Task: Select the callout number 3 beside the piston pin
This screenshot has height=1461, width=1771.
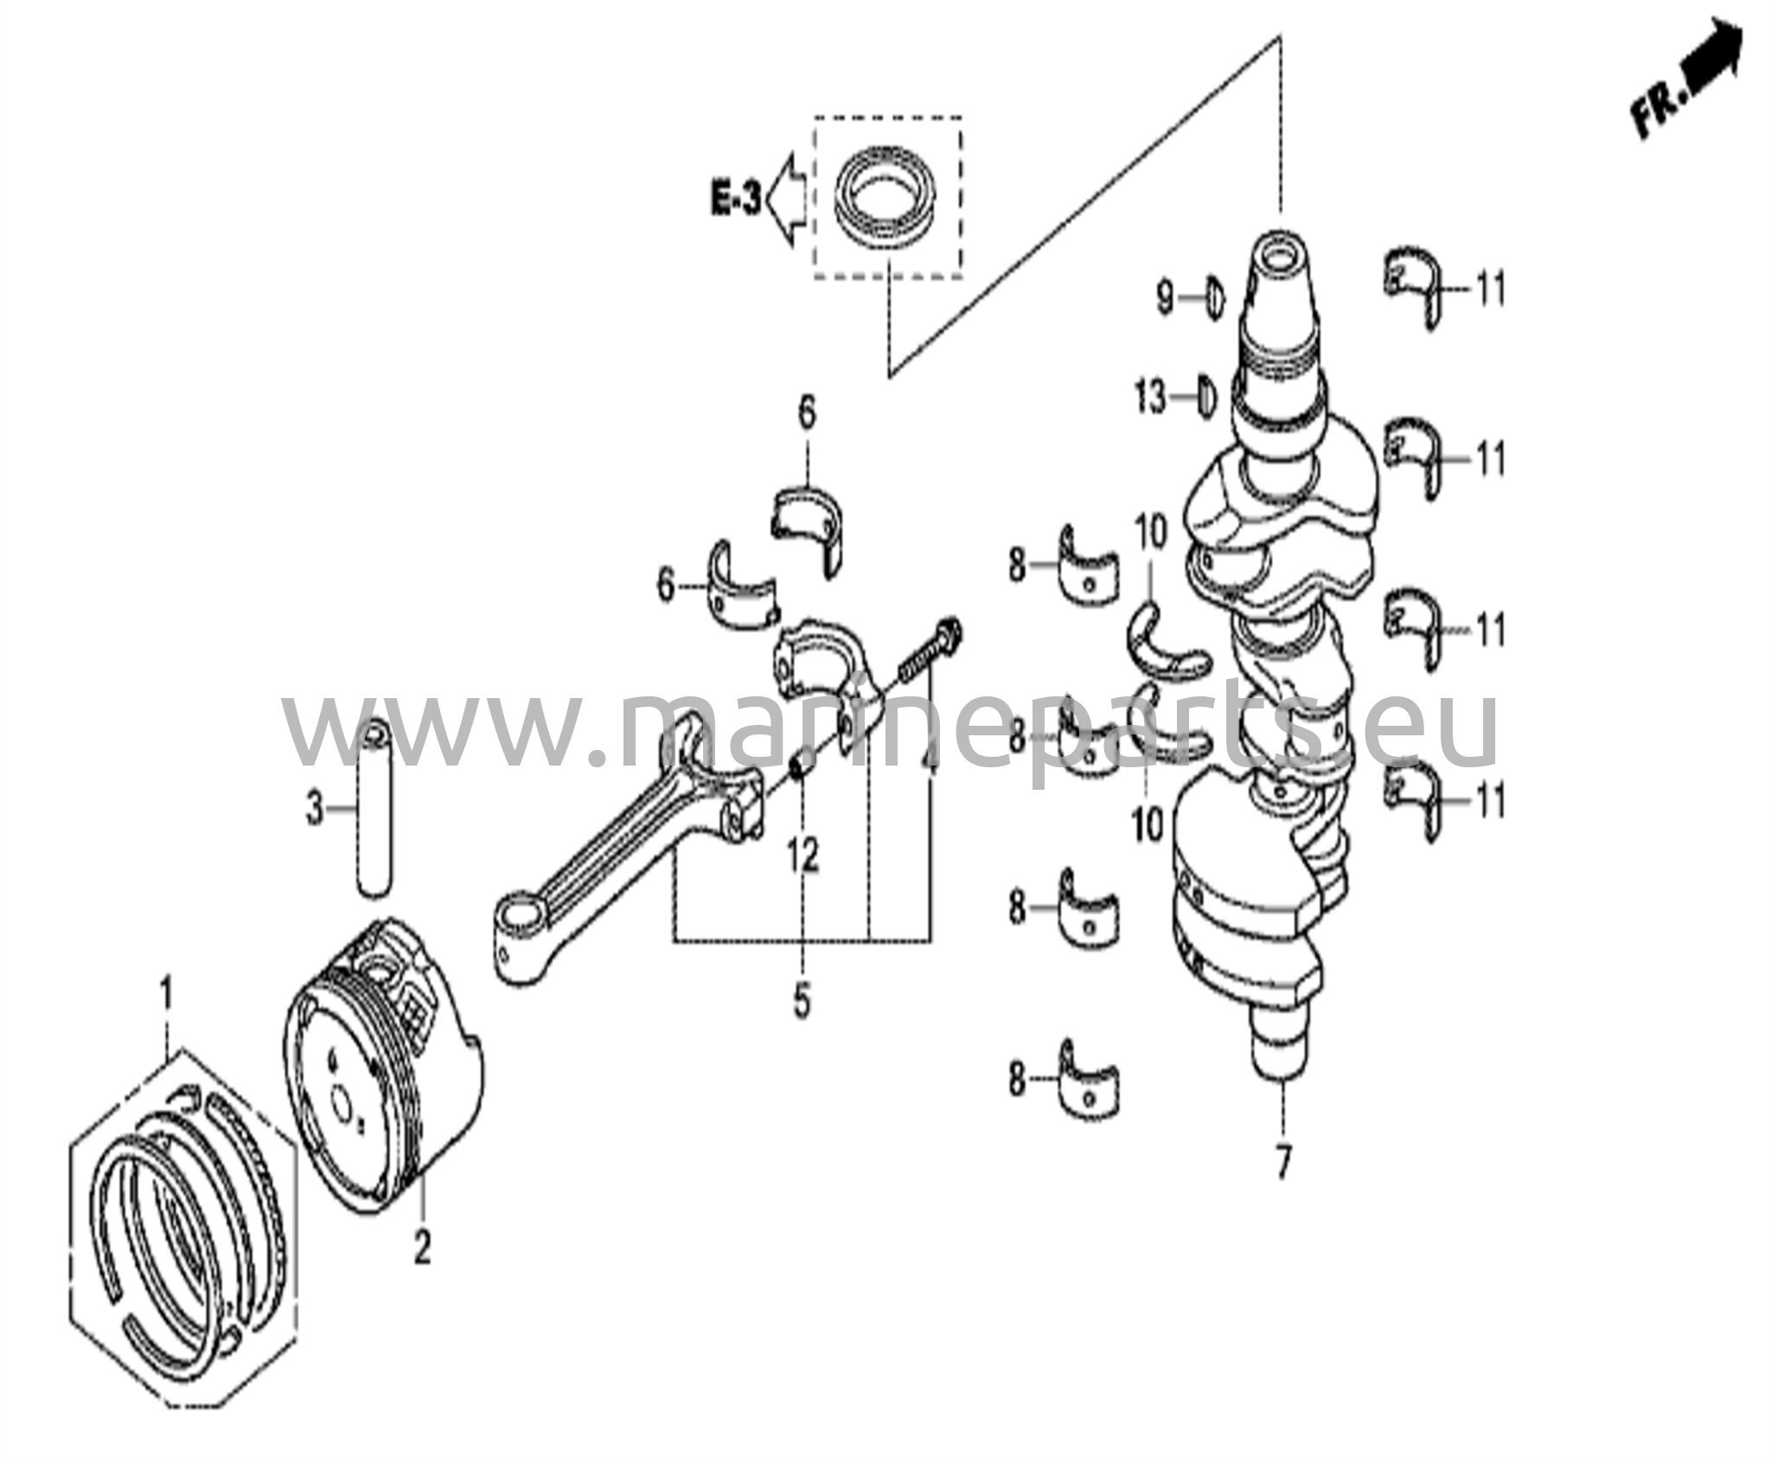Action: coord(315,811)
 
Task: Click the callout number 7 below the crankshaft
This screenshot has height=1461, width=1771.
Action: coord(1282,1163)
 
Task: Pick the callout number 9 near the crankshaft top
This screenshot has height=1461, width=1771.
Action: coord(1165,298)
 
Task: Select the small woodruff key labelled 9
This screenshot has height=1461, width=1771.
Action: coord(1215,298)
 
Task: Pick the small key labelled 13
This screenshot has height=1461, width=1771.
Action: coord(1207,399)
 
